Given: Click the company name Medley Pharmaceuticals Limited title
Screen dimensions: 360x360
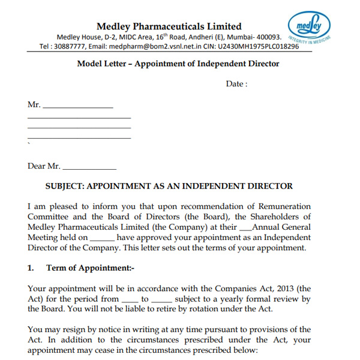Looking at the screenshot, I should click(x=169, y=26).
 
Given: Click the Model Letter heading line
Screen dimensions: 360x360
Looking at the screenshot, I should click(x=169, y=64).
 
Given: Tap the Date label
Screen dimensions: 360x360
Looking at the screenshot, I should click(x=236, y=84).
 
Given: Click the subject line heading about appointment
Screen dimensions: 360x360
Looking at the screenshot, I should click(x=169, y=186).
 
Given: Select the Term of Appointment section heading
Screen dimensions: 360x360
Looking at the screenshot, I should click(x=91, y=268).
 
